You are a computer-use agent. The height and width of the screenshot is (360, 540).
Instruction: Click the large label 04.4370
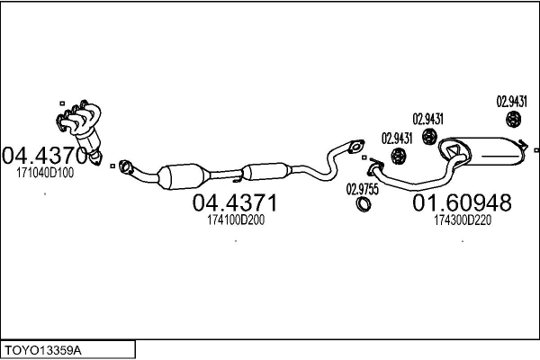[45, 155]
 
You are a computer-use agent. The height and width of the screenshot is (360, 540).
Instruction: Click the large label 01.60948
[462, 204]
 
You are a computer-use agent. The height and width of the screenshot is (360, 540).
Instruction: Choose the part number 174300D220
[462, 220]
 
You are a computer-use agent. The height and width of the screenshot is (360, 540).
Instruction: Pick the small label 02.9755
[363, 189]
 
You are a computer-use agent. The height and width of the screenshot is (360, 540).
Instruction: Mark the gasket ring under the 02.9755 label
[364, 206]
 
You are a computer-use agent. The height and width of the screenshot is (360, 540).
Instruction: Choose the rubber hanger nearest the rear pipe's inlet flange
[397, 157]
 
